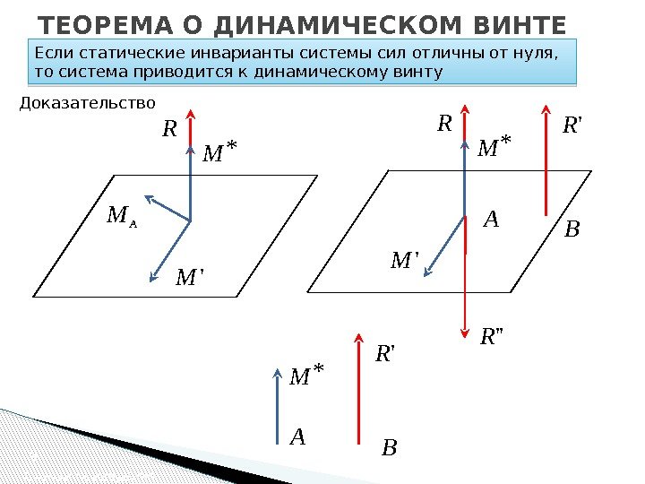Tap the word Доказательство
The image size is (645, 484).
pyautogui.click(x=86, y=105)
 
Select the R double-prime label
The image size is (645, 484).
pyautogui.click(x=493, y=338)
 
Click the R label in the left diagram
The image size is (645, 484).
pyautogui.click(x=169, y=130)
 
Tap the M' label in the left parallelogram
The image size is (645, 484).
pyautogui.click(x=190, y=278)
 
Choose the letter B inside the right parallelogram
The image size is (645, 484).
pyautogui.click(x=572, y=230)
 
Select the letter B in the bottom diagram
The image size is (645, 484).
pyautogui.click(x=389, y=446)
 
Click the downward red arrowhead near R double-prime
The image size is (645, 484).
pyautogui.click(x=465, y=329)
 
